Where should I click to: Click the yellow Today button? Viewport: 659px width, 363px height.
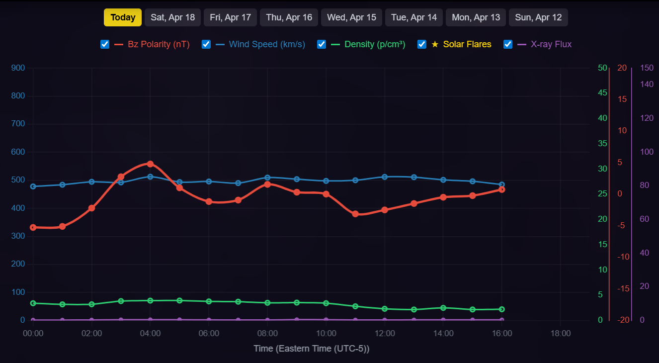tap(123, 17)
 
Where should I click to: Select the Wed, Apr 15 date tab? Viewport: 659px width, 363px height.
tap(351, 17)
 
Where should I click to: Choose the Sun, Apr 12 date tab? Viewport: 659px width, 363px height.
tap(538, 17)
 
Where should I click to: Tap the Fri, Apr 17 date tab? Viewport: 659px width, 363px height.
tap(230, 17)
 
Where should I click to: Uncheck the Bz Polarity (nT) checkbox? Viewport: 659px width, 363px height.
tap(105, 44)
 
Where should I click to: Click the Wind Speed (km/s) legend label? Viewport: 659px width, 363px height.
tap(267, 44)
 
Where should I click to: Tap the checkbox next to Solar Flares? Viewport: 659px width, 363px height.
tap(422, 44)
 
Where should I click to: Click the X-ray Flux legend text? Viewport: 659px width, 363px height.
tap(551, 44)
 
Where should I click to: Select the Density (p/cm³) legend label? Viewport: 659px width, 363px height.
tap(375, 44)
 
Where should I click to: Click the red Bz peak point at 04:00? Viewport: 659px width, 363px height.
tap(150, 164)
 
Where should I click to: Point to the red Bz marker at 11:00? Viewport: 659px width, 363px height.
tap(355, 214)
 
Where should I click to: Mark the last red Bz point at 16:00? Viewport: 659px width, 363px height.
tap(502, 189)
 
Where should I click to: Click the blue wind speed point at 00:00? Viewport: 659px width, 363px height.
tap(33, 186)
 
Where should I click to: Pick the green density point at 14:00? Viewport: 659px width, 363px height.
tap(443, 308)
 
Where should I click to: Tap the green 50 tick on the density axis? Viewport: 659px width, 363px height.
tap(602, 68)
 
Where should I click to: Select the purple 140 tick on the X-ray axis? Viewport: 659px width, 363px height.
tap(647, 85)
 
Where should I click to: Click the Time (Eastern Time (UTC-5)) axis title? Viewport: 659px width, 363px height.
tap(312, 349)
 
